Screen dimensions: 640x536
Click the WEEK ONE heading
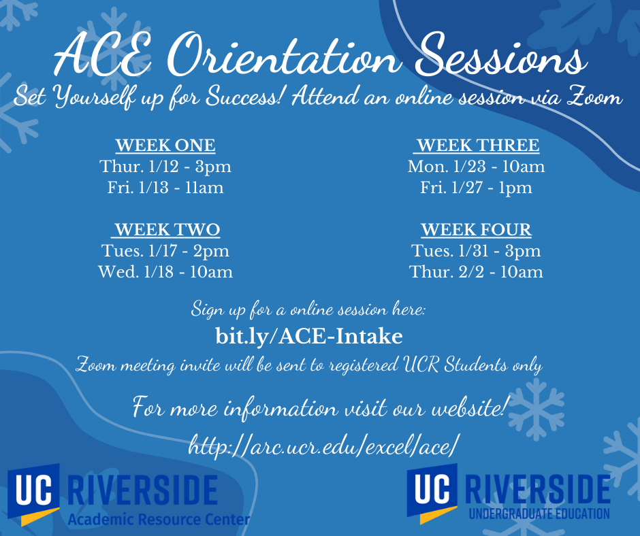pyautogui.click(x=165, y=145)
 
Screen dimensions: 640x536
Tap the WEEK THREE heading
pyautogui.click(x=477, y=145)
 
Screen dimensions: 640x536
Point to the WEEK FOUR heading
pyautogui.click(x=477, y=230)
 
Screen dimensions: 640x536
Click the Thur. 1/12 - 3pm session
pyautogui.click(x=165, y=167)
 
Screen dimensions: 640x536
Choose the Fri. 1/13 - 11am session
pyautogui.click(x=165, y=188)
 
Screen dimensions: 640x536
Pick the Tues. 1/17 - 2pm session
pyautogui.click(x=165, y=251)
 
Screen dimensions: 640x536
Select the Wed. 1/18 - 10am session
pyautogui.click(x=165, y=272)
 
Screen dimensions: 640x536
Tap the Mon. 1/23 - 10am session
pyautogui.click(x=477, y=167)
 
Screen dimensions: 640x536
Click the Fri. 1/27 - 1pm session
pyautogui.click(x=477, y=188)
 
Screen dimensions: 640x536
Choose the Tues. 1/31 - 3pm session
pyautogui.click(x=477, y=251)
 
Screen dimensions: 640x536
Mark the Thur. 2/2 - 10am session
pyautogui.click(x=477, y=272)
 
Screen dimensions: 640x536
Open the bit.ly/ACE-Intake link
pyautogui.click(x=309, y=337)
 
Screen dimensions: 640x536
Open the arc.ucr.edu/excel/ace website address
pyautogui.click(x=322, y=445)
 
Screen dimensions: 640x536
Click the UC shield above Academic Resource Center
pyautogui.click(x=34, y=495)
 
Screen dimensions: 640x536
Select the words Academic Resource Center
pyautogui.click(x=159, y=519)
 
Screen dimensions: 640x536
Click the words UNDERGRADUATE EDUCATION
pyautogui.click(x=539, y=514)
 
